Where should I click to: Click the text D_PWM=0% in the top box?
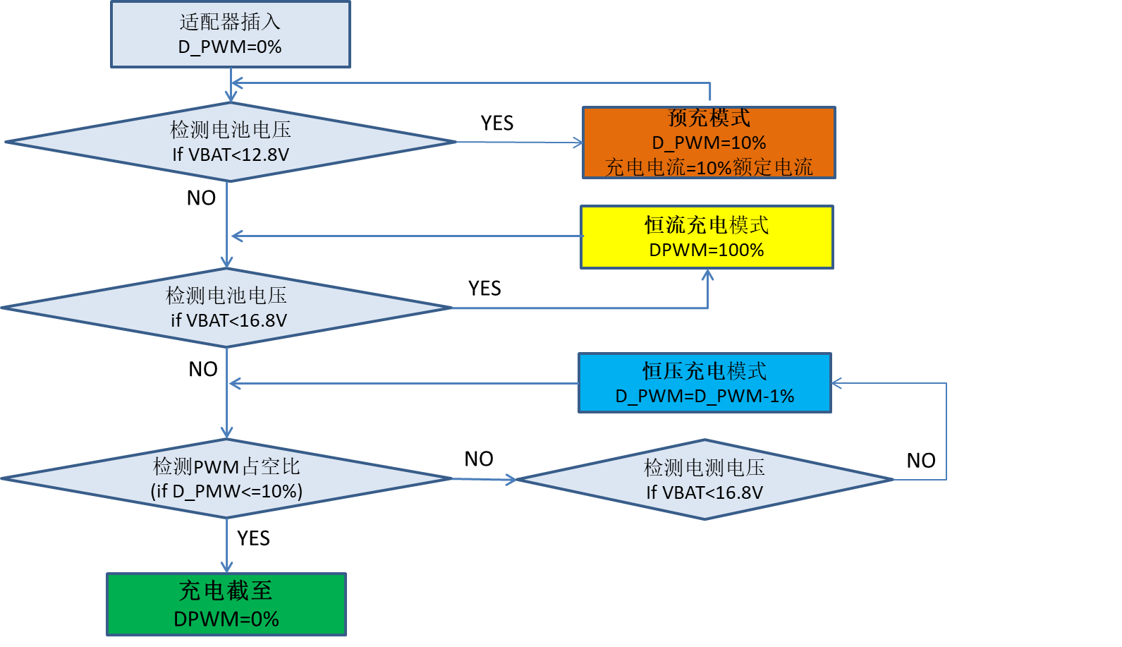pos(230,47)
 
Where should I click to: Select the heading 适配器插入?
pos(230,23)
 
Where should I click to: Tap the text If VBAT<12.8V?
pos(231,155)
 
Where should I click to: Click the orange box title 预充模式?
pos(709,118)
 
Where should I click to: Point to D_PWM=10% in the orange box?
pos(709,143)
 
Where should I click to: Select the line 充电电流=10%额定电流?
pos(709,167)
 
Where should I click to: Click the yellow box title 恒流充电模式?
pos(707,225)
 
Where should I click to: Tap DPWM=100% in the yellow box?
pos(707,250)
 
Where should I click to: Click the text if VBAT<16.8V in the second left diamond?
pos(228,320)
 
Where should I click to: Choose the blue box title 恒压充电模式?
pos(705,371)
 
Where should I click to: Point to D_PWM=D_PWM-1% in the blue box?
pos(705,396)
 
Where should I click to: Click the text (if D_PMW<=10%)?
pos(226,491)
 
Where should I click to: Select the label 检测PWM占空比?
pos(226,466)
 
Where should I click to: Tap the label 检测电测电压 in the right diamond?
pos(705,467)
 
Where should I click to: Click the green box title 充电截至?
pos(226,591)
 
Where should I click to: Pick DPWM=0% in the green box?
pos(226,619)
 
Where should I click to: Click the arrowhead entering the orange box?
pos(578,143)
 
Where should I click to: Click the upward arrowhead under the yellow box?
pos(707,275)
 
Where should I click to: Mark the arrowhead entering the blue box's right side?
pos(837,383)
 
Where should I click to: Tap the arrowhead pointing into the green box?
pos(226,567)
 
